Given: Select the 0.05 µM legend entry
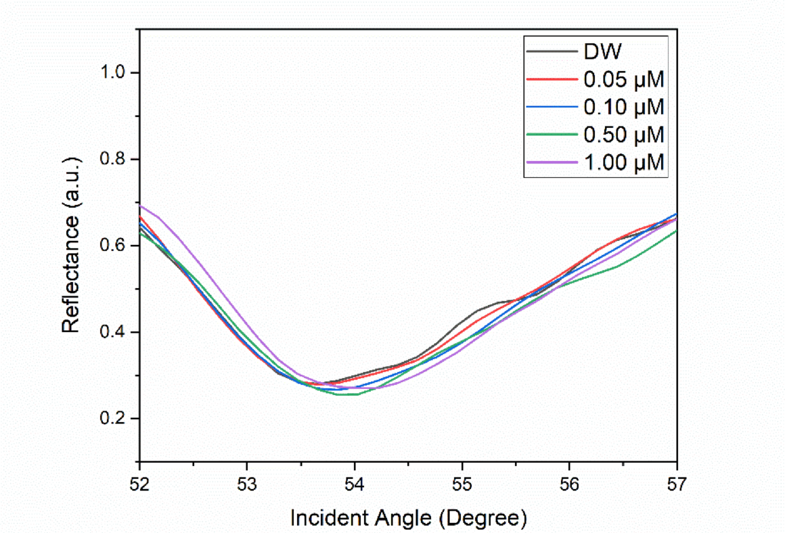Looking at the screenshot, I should point(623,79).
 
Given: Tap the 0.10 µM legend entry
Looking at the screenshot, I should point(623,107).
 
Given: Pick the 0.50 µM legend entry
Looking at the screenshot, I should point(623,134).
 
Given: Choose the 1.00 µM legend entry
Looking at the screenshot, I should point(623,162).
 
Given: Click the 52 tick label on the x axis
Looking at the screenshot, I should point(139,485).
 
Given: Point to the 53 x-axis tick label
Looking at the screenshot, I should point(247,485).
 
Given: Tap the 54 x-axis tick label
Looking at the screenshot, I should point(355,485).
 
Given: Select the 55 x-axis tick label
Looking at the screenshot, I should point(462,485).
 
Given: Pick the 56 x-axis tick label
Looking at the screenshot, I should point(569,485).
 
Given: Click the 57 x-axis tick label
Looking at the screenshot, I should point(677,485).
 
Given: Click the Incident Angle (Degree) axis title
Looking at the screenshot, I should point(408,518).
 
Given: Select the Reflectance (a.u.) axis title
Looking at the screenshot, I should point(72,245).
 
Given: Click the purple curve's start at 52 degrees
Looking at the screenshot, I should point(141,206).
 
